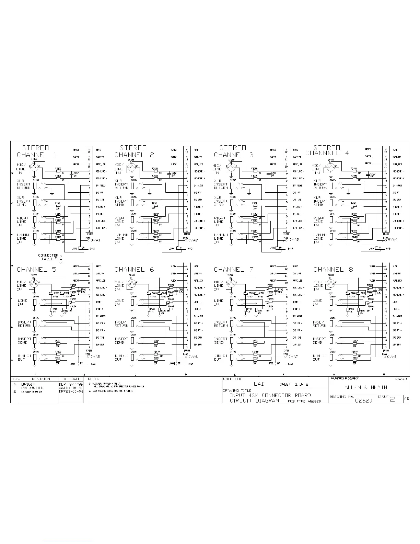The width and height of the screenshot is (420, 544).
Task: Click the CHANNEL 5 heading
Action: pos(37,270)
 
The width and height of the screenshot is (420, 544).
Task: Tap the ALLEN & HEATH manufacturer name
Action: pos(365,387)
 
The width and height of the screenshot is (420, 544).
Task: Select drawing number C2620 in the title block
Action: pos(364,400)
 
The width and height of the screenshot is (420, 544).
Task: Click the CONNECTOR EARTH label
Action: pos(48,257)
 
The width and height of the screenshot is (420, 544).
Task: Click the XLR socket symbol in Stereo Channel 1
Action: pos(34,168)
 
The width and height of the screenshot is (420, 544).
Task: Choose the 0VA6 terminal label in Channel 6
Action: pos(192,357)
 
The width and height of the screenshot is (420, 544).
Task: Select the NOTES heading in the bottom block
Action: pos(93,379)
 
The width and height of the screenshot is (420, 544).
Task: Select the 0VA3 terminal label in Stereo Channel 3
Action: pos(293,239)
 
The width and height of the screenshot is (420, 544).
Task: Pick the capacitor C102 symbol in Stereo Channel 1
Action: pos(71,174)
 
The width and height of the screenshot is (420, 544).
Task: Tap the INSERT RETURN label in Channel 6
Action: pos(121,324)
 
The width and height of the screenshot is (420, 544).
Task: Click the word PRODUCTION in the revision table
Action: pos(32,388)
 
